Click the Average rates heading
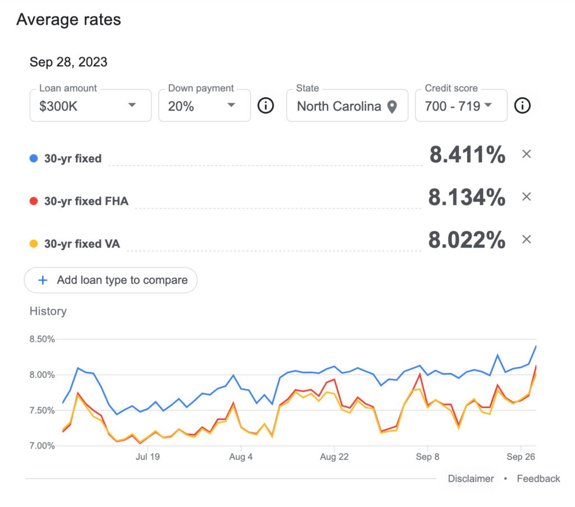coord(69,20)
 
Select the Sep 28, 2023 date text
coord(68,62)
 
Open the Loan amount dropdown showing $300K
coord(90,106)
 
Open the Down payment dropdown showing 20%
coord(204,106)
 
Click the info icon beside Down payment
coord(266,106)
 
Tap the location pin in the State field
coord(392,107)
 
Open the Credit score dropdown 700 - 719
coord(462,106)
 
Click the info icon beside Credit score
coord(522,106)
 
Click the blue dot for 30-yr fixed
coord(34,158)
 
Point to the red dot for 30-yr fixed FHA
coord(34,201)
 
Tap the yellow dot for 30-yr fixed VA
coord(34,244)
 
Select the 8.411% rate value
coord(468,154)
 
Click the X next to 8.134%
coord(527,197)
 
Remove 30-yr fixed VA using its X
coord(527,239)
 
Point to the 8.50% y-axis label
coord(42,339)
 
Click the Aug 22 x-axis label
coord(334,457)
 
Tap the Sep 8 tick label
coord(427,457)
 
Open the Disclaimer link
coord(471,479)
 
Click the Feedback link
coord(539,479)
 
